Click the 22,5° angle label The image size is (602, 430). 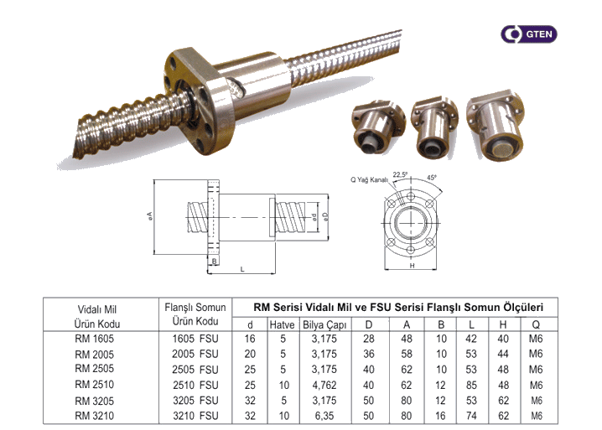(x=401, y=175)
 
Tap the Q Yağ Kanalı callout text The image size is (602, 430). (x=369, y=180)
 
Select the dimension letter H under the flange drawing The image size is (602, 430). (x=412, y=265)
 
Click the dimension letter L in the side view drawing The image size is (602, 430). (x=241, y=268)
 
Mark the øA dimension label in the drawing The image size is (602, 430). (x=150, y=216)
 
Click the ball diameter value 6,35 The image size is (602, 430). (x=322, y=414)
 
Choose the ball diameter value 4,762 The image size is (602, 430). (x=322, y=384)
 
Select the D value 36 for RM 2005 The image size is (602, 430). (x=369, y=355)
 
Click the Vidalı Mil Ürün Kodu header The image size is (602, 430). (x=98, y=316)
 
